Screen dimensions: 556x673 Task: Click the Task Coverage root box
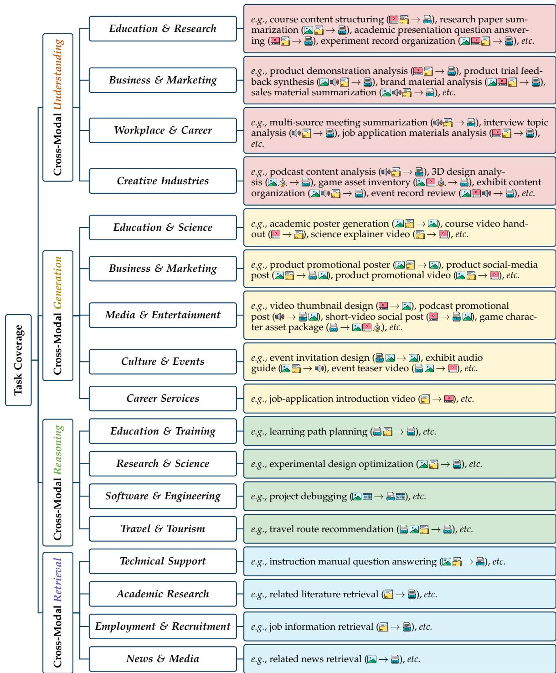click(18, 360)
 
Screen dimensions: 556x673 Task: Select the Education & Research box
click(163, 29)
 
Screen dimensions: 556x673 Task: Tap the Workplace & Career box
click(163, 130)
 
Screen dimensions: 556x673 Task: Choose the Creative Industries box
click(163, 181)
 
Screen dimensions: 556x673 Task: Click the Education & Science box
click(163, 227)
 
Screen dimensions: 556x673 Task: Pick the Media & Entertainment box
click(163, 315)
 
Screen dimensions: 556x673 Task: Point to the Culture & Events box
click(163, 361)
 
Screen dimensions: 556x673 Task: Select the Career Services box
click(163, 399)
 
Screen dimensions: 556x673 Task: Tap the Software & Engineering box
click(163, 496)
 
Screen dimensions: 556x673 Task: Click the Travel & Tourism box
click(163, 528)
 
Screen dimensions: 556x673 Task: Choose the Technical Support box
click(163, 561)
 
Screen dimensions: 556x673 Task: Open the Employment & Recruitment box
click(163, 626)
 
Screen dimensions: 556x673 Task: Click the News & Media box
click(163, 659)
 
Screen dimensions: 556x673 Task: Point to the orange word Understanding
click(58, 75)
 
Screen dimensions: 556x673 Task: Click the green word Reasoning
click(58, 450)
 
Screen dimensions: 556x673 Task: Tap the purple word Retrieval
click(58, 580)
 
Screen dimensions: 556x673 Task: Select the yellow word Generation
click(58, 283)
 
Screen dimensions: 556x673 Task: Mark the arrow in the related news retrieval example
click(383, 659)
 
